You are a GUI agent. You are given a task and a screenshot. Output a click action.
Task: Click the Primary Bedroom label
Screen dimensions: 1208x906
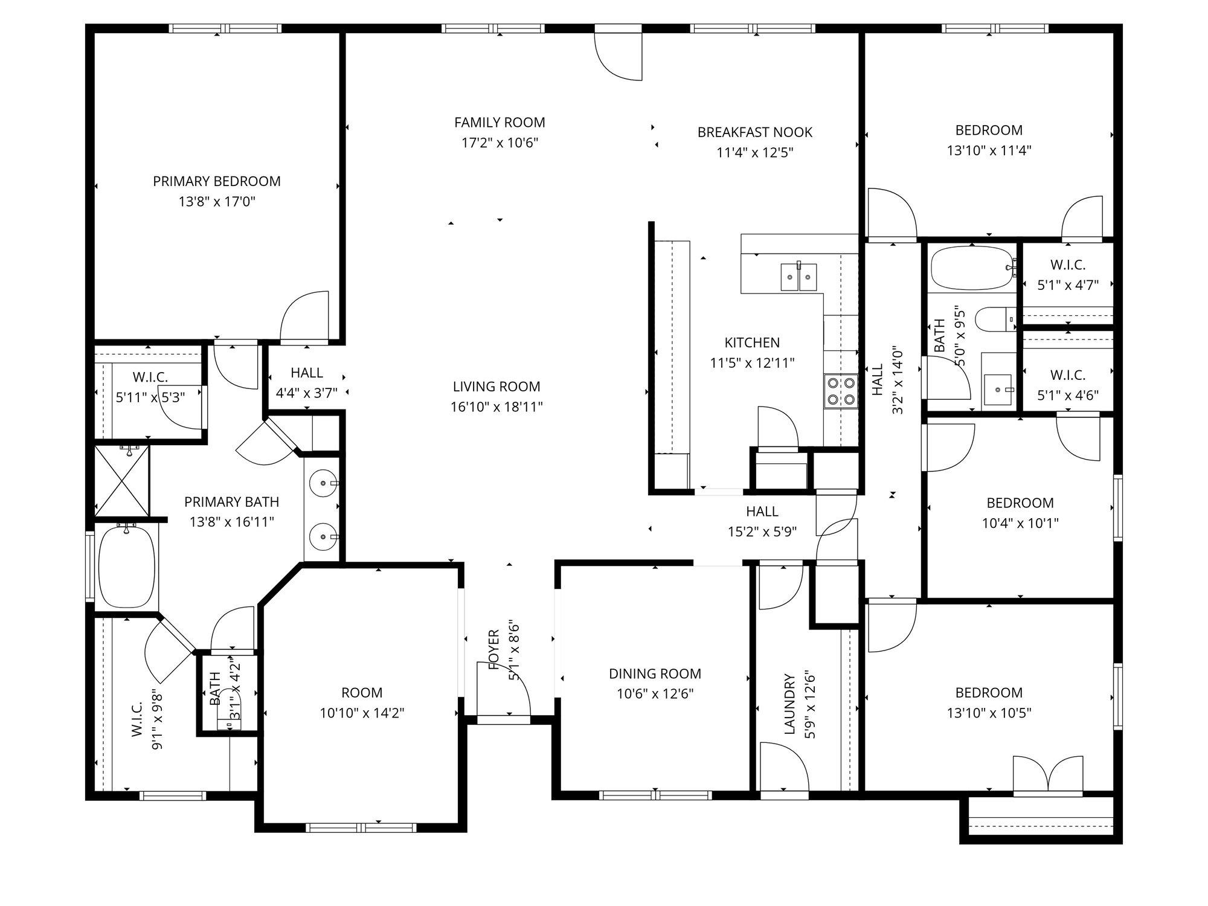coord(217,181)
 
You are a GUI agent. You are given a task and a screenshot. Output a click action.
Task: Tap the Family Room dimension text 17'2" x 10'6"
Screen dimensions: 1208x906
coord(500,143)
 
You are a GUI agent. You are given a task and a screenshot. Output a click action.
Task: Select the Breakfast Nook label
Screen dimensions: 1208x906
coord(755,132)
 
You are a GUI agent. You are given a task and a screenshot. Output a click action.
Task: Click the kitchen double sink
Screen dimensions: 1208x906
coord(798,277)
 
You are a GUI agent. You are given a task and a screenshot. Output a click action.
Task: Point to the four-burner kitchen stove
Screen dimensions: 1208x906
coord(841,391)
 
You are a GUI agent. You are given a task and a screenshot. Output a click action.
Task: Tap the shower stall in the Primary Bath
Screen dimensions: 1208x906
coord(122,481)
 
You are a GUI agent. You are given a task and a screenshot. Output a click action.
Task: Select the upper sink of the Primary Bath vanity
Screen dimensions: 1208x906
coord(323,483)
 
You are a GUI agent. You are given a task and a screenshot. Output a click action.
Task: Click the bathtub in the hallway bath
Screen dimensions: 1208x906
coord(972,268)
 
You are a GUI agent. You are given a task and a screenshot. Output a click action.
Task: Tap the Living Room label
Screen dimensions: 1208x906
coord(496,387)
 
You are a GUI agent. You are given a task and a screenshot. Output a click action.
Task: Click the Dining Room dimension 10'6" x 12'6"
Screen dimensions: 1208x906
coord(655,693)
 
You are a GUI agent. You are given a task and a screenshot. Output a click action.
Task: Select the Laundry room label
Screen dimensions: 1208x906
coord(789,704)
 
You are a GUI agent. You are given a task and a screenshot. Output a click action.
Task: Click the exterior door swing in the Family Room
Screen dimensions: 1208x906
coord(618,53)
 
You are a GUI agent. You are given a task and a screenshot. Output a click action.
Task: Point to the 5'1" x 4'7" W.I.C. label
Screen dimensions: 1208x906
coord(1068,265)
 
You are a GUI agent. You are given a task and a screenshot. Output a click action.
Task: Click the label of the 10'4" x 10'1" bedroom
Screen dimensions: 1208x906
coord(1020,503)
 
